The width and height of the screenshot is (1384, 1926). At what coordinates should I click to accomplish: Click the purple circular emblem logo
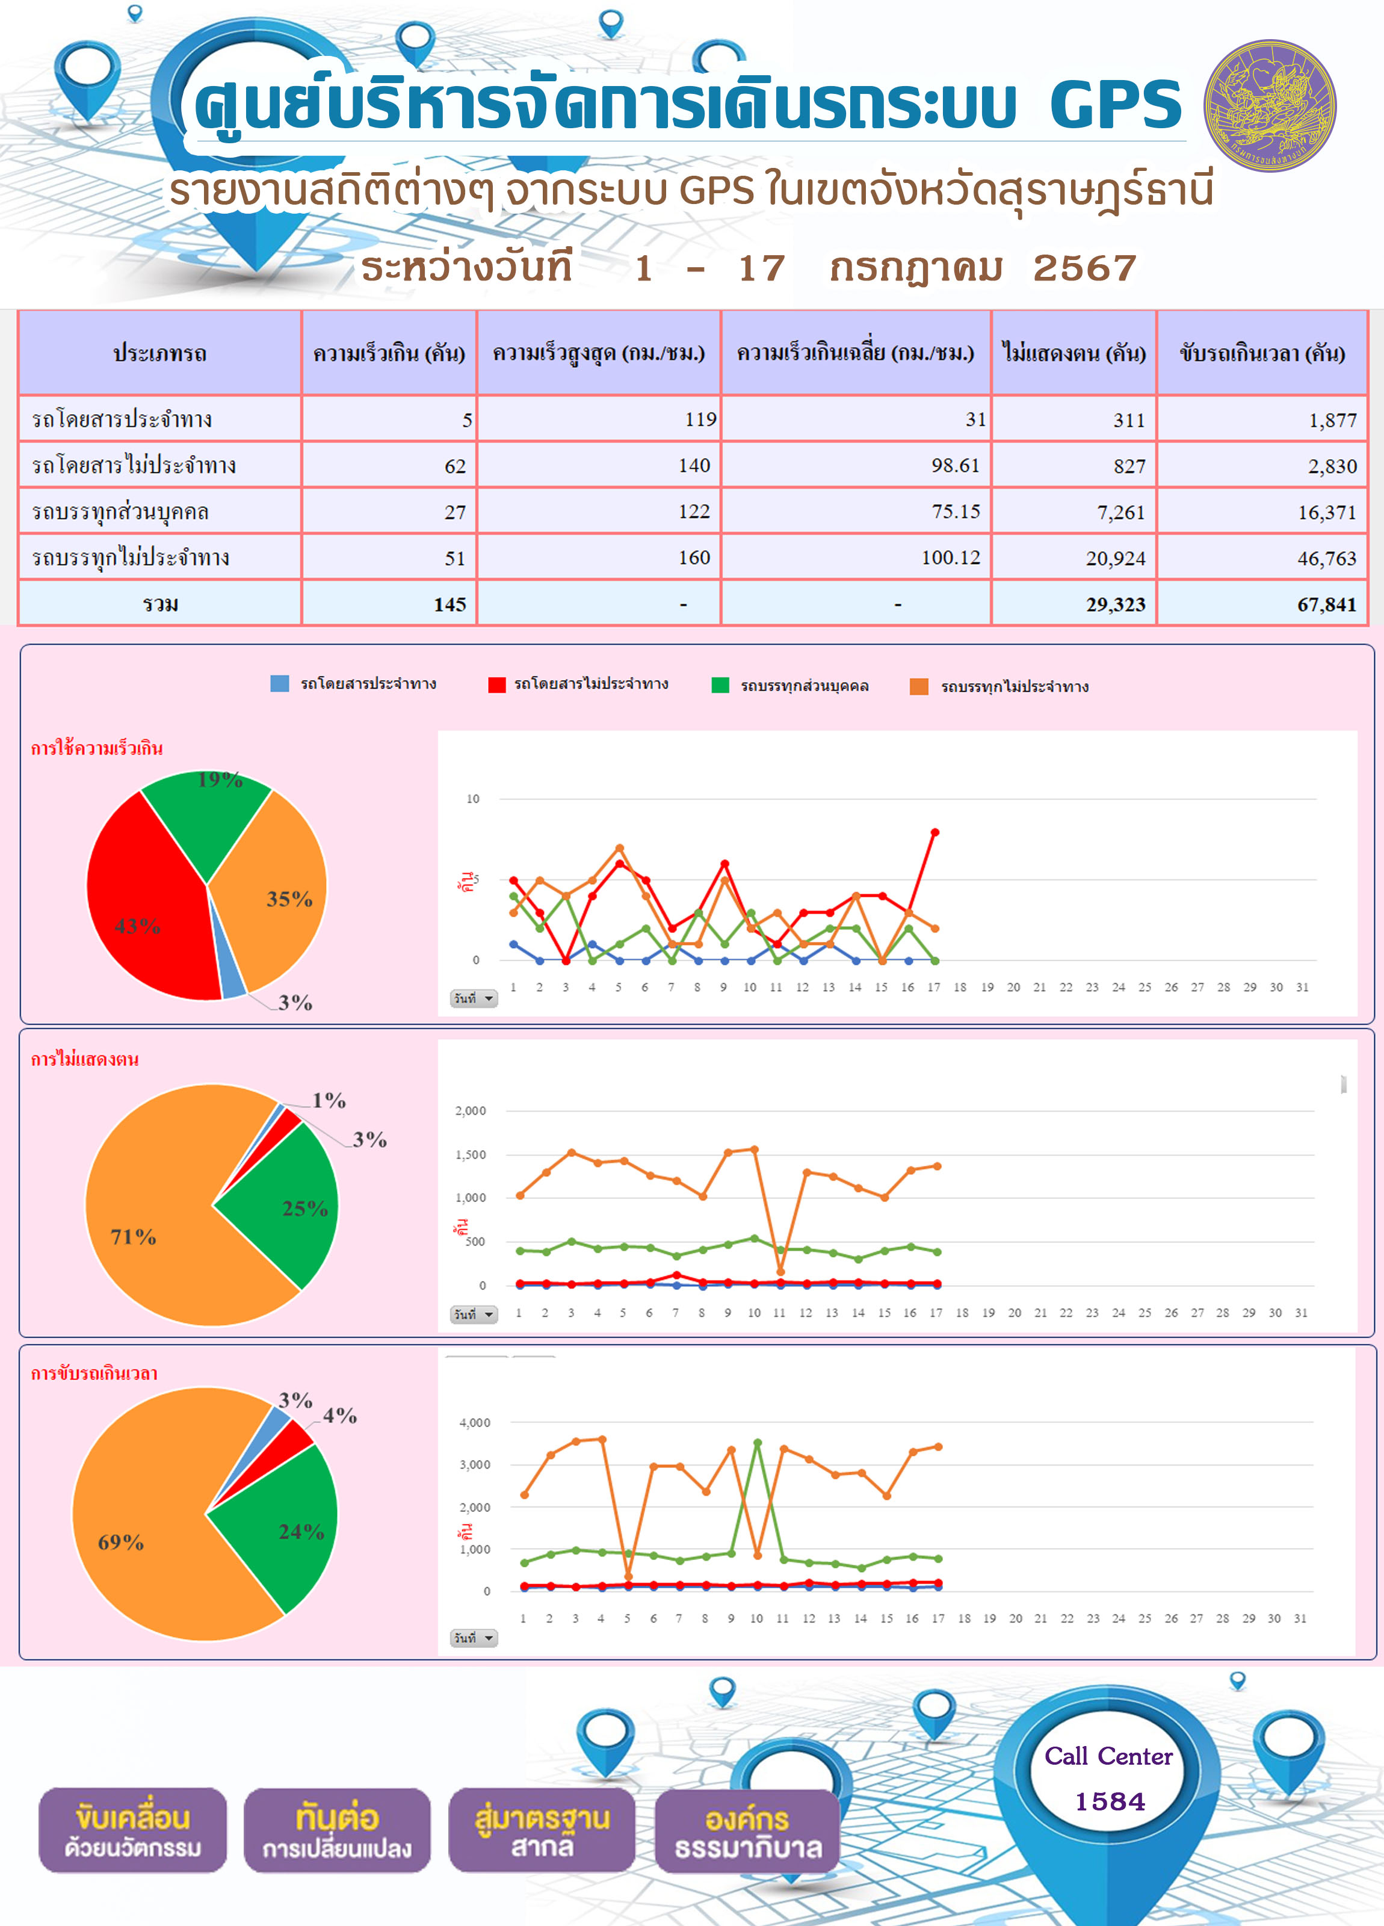pos(1270,106)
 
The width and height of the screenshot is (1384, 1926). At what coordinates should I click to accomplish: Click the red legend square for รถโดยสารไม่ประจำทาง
pos(496,684)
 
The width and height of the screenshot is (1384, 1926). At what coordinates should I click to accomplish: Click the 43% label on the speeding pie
pos(138,926)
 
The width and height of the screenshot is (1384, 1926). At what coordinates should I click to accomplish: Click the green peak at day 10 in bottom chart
pos(758,1443)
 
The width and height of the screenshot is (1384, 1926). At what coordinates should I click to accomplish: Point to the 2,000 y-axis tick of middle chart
pos(471,1111)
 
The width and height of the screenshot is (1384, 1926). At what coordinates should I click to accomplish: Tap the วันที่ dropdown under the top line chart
pos(474,999)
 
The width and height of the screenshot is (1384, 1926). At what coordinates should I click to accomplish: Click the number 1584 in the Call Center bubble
pos(1110,1801)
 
